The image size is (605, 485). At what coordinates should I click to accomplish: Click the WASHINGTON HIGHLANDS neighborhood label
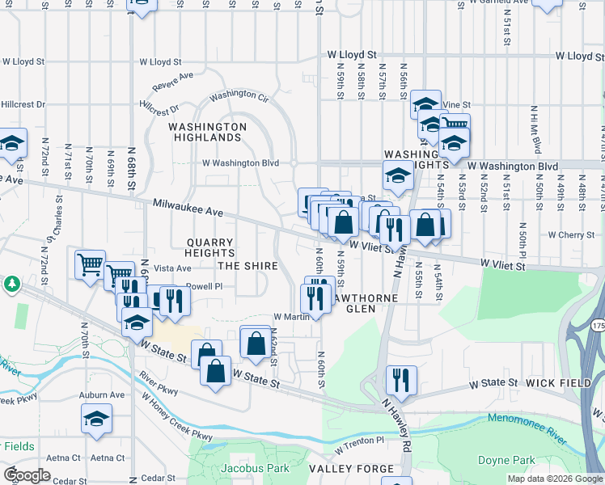(208, 133)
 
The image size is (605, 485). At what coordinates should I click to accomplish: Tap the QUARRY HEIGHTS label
(209, 248)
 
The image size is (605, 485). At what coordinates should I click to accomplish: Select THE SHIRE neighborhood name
(247, 266)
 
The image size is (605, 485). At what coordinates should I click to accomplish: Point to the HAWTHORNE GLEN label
(350, 302)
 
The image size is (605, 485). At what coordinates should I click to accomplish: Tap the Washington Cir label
(239, 96)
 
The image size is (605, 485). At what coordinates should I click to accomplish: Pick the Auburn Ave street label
(102, 395)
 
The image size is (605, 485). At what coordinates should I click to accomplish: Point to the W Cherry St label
(571, 235)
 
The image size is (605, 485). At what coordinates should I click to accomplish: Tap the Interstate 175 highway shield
(597, 324)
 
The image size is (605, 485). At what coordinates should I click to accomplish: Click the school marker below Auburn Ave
(96, 419)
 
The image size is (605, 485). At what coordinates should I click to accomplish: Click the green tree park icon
(11, 285)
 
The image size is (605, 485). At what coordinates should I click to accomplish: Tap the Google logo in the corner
(27, 474)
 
